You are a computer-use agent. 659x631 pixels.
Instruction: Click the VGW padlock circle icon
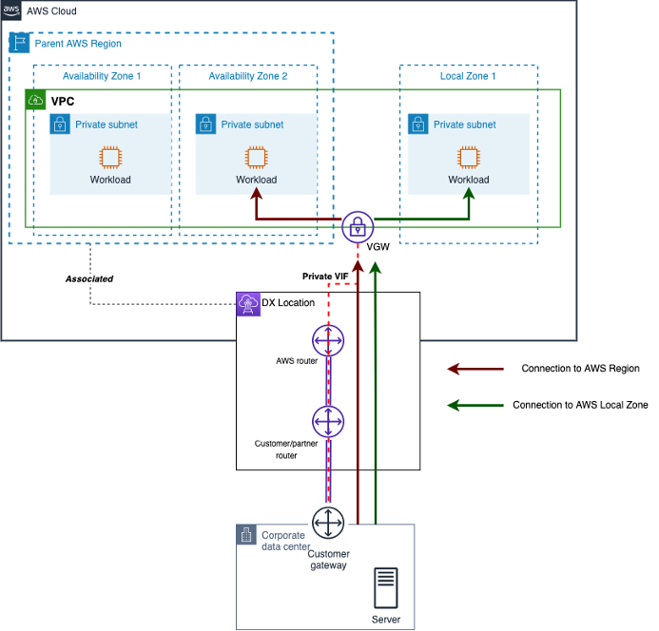358,227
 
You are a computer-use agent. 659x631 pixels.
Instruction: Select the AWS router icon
327,339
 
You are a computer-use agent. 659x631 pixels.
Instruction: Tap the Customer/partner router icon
327,419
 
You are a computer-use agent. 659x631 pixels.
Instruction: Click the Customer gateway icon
328,523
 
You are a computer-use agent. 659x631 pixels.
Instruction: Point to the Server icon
386,588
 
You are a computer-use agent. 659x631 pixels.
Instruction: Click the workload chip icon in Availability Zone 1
110,158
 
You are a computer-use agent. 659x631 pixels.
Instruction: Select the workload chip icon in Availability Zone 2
256,158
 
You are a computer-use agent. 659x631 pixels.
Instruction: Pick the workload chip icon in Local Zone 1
468,158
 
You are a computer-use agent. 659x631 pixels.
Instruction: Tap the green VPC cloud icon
36,99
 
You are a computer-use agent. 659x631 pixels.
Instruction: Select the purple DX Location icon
247,303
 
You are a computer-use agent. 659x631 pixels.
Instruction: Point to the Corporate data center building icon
247,535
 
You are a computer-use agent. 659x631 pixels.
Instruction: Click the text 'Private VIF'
324,276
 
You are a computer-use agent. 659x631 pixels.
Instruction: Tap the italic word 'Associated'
89,279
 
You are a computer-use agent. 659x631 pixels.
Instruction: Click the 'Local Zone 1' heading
468,75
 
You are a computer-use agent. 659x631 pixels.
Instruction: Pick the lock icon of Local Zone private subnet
417,124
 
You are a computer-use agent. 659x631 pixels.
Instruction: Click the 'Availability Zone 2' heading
247,75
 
